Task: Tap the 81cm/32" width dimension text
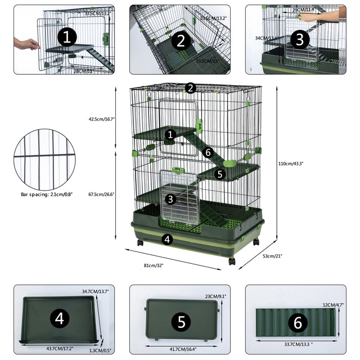click(154, 265)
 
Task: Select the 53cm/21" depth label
click(272, 256)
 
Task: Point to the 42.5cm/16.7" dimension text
click(102, 119)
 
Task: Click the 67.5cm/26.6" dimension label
click(102, 194)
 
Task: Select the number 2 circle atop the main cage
click(190, 88)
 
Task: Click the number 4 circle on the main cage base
click(166, 238)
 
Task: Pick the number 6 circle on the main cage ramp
click(208, 152)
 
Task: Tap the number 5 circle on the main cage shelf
click(220, 174)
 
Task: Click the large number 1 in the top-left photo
click(67, 38)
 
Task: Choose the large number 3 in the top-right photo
click(299, 39)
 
